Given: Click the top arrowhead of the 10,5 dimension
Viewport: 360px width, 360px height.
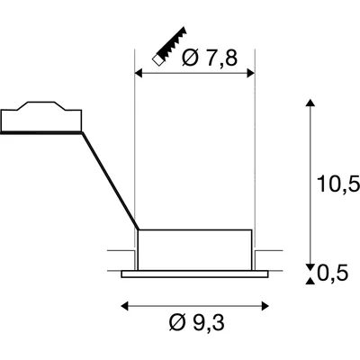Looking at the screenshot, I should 310,106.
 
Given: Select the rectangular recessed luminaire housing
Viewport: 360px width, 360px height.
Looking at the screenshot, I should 193,248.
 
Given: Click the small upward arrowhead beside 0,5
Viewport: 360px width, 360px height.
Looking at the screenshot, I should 310,281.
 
